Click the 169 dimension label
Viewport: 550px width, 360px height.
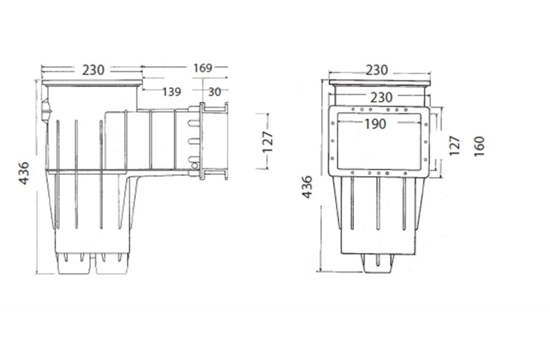point(202,67)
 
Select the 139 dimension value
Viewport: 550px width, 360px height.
point(171,91)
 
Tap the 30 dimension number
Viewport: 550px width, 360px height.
point(214,91)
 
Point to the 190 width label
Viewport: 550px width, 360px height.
point(375,123)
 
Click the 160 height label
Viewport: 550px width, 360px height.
point(479,146)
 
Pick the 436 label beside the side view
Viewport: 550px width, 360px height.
point(24,172)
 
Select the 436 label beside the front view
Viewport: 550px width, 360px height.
point(307,186)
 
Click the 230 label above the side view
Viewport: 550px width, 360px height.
point(93,70)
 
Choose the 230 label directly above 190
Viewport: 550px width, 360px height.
point(380,96)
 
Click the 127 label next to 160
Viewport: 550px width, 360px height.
point(454,146)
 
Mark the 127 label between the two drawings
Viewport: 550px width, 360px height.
point(268,141)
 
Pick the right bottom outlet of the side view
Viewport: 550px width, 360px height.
point(111,264)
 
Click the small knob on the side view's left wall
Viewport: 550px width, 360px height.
point(45,110)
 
